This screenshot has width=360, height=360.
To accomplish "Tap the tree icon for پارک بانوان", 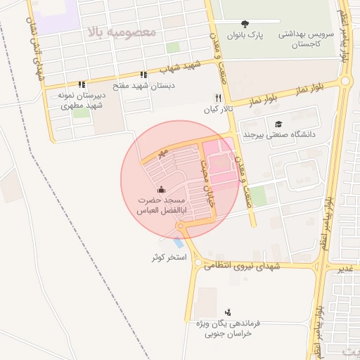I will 243,24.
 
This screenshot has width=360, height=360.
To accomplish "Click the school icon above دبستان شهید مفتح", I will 143,75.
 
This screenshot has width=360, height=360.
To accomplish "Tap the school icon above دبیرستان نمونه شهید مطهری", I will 82,84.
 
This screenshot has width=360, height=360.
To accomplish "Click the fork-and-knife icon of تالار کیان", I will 217,98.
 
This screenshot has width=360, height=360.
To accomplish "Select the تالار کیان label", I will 217,110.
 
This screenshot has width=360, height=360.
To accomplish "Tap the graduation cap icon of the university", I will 278,123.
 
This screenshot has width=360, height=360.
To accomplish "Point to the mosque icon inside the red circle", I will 161,188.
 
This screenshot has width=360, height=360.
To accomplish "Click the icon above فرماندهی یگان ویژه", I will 227,311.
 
